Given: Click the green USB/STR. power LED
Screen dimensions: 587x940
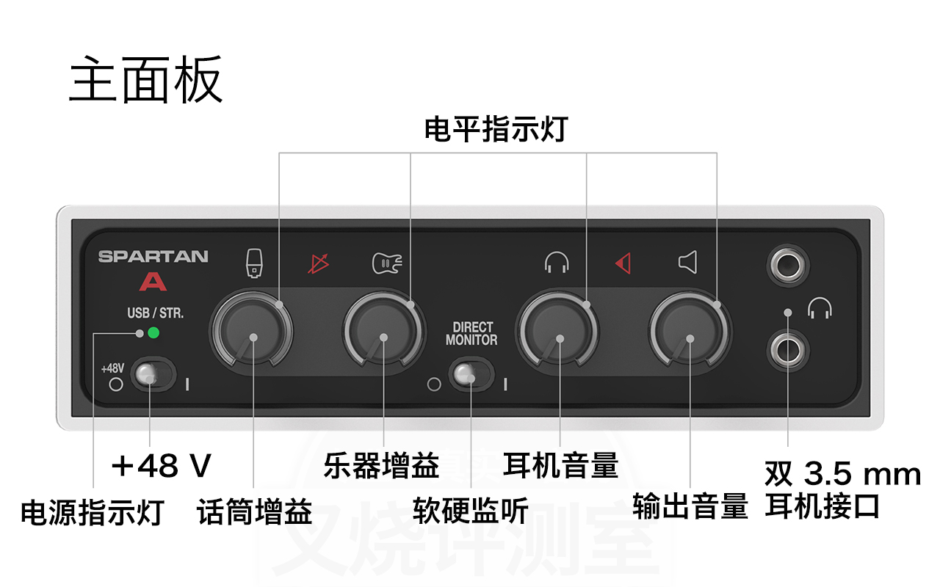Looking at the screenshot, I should coord(153,333).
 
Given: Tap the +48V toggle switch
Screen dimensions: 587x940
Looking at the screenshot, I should coord(151,376).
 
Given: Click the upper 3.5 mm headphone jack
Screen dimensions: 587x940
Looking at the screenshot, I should coord(787,265).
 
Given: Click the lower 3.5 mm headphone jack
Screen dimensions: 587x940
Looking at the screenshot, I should coord(787,351).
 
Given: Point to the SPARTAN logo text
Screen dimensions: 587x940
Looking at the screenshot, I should coord(153,257).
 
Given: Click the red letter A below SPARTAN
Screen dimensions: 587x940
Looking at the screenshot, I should coord(153,281).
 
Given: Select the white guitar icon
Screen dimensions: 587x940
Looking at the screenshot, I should coord(387,263).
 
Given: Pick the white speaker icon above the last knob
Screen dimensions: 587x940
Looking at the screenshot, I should coord(687,262).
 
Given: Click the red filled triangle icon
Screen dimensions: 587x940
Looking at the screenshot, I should coord(623,263).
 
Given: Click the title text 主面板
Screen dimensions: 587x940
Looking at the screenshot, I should coord(145,81).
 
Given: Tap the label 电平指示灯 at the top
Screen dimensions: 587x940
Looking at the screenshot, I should coord(496,131).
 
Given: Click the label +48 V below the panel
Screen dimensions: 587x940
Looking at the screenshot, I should coord(161,466).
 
